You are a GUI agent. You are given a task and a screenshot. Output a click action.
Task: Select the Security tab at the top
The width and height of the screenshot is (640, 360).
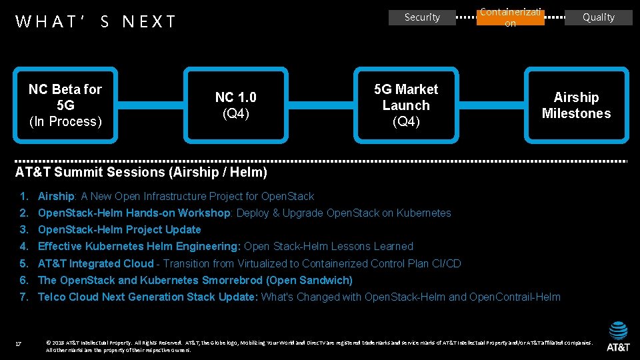coord(422,17)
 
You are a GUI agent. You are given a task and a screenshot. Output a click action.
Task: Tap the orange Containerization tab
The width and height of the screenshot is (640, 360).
coord(510,17)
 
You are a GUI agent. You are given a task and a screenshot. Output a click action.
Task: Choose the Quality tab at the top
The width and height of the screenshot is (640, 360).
coord(598,17)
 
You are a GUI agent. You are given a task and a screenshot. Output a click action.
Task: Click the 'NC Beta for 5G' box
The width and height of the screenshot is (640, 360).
coord(65,105)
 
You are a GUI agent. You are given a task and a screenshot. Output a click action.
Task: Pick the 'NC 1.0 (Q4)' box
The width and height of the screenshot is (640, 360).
coord(235,105)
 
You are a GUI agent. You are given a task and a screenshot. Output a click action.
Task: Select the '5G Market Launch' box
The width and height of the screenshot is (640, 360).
coord(406,105)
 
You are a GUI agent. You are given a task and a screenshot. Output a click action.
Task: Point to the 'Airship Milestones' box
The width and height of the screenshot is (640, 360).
coord(576,105)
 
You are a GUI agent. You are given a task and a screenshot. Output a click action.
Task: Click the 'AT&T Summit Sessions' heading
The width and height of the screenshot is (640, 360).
coord(141,172)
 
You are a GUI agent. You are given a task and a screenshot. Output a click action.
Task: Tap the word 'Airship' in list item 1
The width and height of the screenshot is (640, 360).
coord(56,197)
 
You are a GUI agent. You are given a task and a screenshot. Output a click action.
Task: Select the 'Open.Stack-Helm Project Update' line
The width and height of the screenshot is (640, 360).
coord(119,230)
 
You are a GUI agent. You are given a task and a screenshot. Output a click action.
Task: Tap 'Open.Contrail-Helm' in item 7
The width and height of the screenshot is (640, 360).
coord(515,297)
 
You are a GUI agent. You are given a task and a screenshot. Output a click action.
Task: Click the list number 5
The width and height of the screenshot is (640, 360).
coord(23,263)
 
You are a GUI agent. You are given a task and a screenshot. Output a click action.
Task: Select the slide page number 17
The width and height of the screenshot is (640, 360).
coord(19,344)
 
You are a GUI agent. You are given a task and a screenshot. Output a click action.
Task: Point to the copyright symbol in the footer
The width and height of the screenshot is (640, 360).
coord(49,343)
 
